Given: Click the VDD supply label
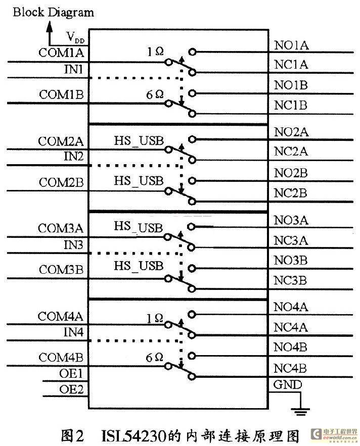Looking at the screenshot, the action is point(75,37).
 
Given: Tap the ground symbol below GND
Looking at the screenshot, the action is point(300,412).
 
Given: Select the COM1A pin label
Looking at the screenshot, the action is point(61,53).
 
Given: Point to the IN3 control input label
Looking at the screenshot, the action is point(73,244).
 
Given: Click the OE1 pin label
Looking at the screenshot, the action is point(71,373).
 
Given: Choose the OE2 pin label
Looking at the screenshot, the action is point(71,389).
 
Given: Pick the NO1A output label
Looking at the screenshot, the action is point(291,45).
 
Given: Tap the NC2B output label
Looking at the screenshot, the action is point(291,193).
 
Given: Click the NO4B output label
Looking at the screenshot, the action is point(290,347).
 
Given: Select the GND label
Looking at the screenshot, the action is point(287,385).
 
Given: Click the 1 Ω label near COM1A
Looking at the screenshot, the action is point(155,52).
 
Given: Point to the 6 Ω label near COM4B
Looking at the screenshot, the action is point(154,358).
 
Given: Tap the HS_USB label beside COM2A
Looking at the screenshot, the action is point(139,140).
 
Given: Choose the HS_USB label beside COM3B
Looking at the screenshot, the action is point(139,266).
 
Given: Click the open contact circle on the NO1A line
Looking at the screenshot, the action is point(192,52).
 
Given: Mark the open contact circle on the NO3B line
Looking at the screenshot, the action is point(192,268).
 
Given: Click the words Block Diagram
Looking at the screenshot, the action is point(53,13).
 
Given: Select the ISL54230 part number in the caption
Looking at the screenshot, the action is point(134,435).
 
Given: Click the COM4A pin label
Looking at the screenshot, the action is point(60,316).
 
